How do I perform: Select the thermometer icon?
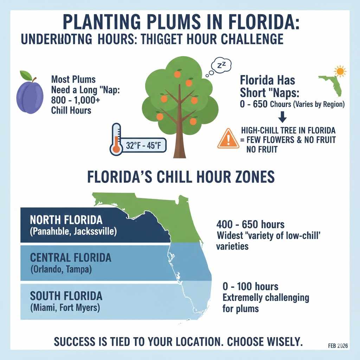click(x=116, y=139)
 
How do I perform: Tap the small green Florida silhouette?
click(x=331, y=85)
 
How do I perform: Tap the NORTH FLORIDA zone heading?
click(x=66, y=220)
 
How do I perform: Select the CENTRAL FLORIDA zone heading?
click(x=70, y=258)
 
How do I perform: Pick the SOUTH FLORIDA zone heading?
click(x=66, y=296)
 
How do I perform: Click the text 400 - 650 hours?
click(x=250, y=224)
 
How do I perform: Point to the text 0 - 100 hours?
click(x=250, y=286)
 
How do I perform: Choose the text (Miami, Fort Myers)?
click(x=65, y=308)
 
